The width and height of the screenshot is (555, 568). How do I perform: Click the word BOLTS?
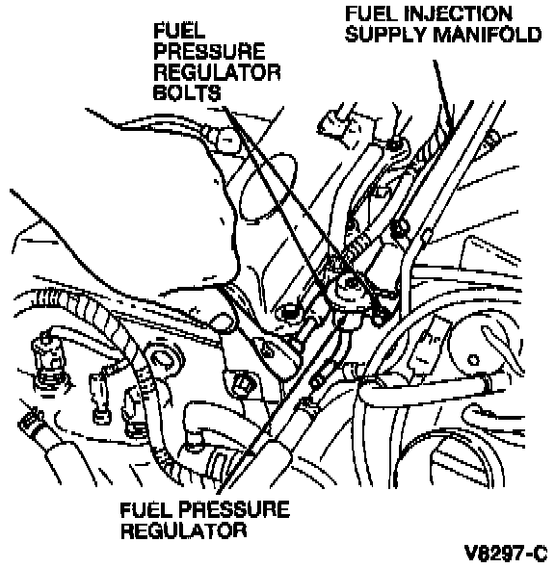(187, 92)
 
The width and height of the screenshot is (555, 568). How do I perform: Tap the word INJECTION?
(458, 13)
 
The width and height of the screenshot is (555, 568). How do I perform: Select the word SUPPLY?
(385, 35)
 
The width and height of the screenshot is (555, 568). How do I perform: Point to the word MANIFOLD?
(487, 35)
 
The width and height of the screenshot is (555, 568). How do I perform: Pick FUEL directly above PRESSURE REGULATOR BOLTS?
(179, 31)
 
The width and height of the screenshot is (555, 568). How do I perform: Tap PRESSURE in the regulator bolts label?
(209, 51)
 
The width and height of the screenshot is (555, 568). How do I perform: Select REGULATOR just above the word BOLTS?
(217, 72)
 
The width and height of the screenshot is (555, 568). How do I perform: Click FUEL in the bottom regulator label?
(145, 509)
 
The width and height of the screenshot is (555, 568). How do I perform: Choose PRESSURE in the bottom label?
(234, 509)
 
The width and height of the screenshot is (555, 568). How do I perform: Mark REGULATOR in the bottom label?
(183, 530)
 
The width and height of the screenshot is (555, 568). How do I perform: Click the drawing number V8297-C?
(506, 554)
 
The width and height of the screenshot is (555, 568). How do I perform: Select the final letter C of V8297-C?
(540, 554)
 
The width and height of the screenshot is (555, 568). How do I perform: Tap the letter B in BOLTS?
(160, 92)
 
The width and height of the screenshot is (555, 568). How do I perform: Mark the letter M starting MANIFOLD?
(441, 35)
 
